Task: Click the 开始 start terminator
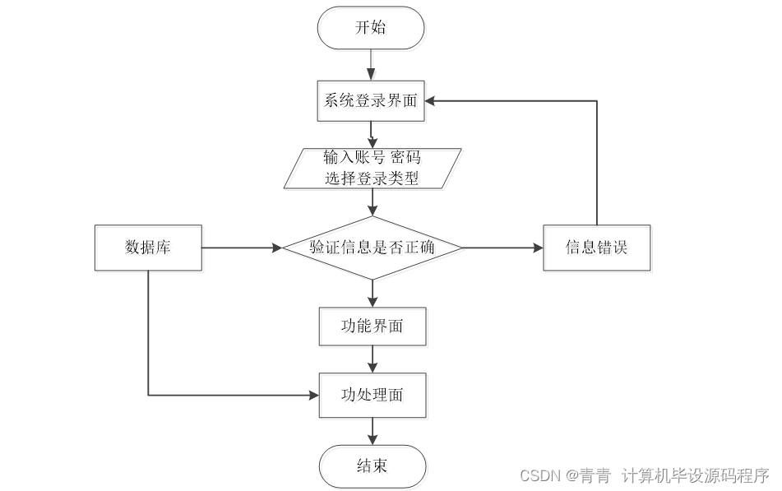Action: (x=371, y=28)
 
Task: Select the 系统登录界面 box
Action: (x=371, y=101)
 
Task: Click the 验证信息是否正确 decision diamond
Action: (x=372, y=248)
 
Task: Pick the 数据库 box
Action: (x=148, y=248)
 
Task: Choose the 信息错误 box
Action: (x=596, y=248)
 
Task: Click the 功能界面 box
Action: (x=372, y=326)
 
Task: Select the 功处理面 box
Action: (x=372, y=395)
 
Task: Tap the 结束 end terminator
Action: (x=372, y=466)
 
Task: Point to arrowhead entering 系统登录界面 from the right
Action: (x=431, y=100)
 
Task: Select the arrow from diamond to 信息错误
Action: (x=502, y=248)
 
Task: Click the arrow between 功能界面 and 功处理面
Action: (x=372, y=359)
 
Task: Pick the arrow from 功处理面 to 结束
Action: (x=372, y=431)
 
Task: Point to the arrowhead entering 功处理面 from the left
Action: (x=313, y=396)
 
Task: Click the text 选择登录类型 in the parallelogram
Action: (x=372, y=178)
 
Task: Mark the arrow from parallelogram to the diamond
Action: (x=372, y=201)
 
